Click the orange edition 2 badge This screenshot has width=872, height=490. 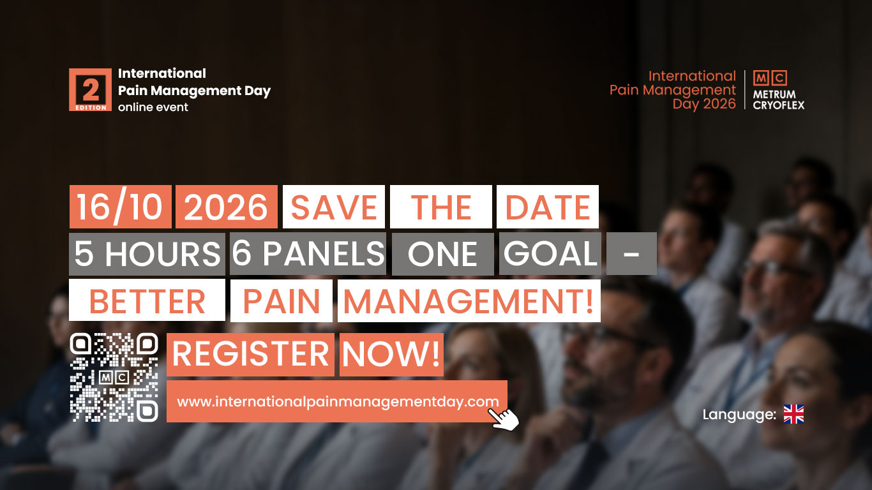90,89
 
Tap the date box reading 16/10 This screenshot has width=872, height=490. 120,207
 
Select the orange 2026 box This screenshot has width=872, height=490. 226,207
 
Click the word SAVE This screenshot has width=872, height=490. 334,207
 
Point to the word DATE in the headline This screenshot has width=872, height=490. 547,207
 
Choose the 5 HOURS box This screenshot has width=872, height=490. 147,254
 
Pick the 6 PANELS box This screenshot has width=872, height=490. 308,254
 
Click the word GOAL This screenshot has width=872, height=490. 550,254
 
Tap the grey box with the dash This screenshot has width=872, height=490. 631,254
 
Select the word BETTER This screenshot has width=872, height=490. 147,301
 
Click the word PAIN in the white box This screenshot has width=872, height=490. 282,301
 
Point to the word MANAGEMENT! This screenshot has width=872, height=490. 469,301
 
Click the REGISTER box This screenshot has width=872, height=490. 250,355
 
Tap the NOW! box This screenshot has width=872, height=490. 391,355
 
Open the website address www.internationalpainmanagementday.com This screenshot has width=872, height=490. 338,402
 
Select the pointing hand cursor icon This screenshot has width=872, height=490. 503,419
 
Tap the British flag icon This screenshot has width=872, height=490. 793,414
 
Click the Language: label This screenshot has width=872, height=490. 739,415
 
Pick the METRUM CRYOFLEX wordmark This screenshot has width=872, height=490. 779,100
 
